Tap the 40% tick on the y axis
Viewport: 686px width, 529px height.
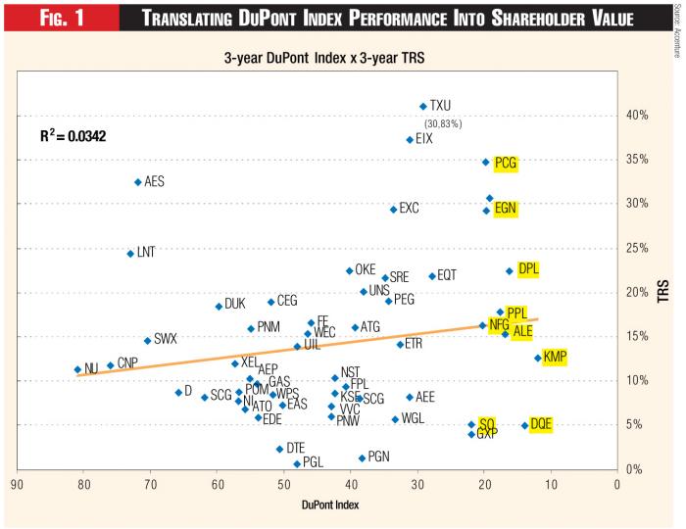click(x=638, y=116)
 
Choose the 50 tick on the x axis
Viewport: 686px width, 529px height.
click(x=283, y=482)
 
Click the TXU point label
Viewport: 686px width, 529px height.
click(x=440, y=106)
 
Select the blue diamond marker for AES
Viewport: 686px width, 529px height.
click(x=138, y=181)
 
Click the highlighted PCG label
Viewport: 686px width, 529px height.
click(x=506, y=163)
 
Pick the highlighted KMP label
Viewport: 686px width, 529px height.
click(x=555, y=357)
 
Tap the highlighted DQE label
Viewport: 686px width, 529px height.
click(x=541, y=424)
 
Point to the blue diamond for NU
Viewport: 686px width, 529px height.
click(x=77, y=369)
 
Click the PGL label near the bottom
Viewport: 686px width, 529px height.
click(x=313, y=462)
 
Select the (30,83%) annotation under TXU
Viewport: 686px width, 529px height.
click(x=442, y=123)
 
